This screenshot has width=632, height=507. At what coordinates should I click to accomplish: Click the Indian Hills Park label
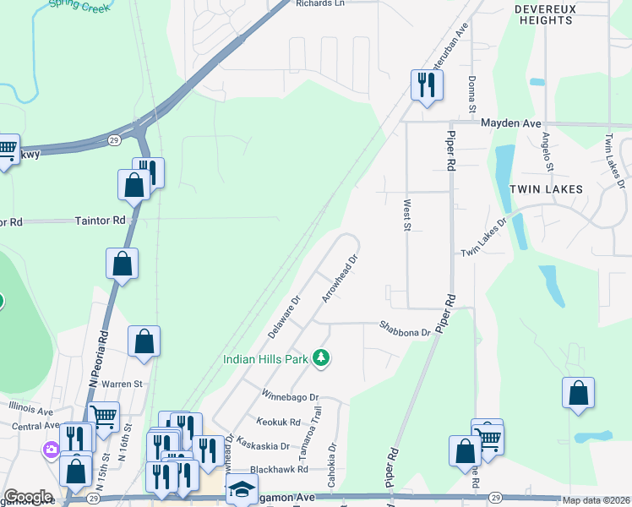(265, 359)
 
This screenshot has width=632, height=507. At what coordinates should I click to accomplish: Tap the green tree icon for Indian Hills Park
(320, 358)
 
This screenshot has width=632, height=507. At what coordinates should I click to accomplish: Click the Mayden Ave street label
(510, 123)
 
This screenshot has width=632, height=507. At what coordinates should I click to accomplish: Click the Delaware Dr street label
(285, 317)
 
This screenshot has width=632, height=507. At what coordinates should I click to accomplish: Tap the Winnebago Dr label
(290, 395)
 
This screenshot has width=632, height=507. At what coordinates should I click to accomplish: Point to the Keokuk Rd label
(279, 422)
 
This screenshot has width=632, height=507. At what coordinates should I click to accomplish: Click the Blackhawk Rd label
(275, 470)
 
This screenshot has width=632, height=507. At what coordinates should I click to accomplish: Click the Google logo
(28, 497)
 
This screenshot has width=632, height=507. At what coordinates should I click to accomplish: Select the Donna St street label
(472, 93)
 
